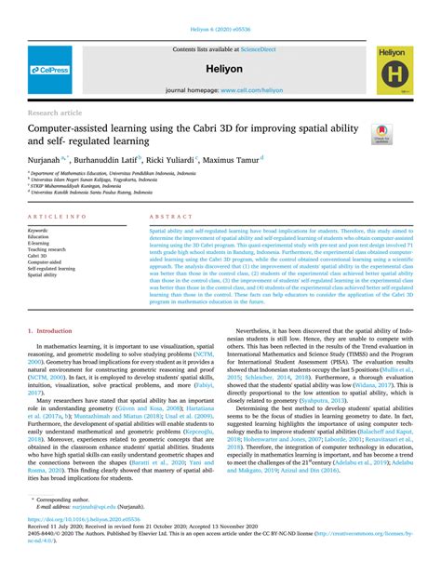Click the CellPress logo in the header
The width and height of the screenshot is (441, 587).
pyautogui.click(x=49, y=70)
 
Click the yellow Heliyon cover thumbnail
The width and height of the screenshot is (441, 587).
pyautogui.click(x=394, y=71)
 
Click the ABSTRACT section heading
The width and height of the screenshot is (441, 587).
pyautogui.click(x=165, y=216)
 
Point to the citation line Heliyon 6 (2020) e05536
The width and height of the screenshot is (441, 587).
pyautogui.click(x=220, y=30)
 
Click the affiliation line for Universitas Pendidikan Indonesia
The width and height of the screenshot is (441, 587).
pyautogui.click(x=113, y=173)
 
